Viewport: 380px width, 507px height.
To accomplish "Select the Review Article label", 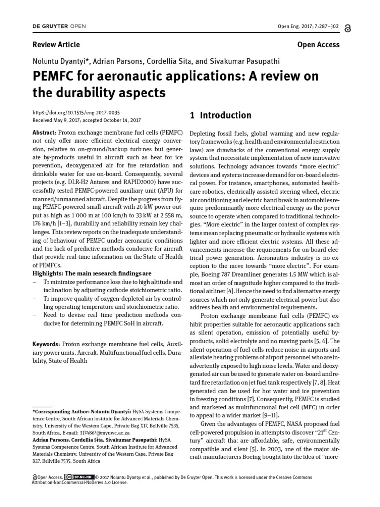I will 56,45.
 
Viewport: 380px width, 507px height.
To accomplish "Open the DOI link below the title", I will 76,113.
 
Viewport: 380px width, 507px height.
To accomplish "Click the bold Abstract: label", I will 45,133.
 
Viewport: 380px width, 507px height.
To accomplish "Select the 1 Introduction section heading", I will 221,115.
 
